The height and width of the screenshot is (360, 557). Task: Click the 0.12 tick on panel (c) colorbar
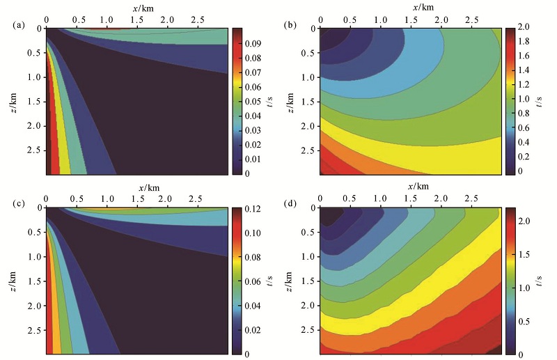253,208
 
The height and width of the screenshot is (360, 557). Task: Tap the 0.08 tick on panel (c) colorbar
253,257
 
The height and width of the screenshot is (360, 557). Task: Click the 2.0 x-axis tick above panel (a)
166,16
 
